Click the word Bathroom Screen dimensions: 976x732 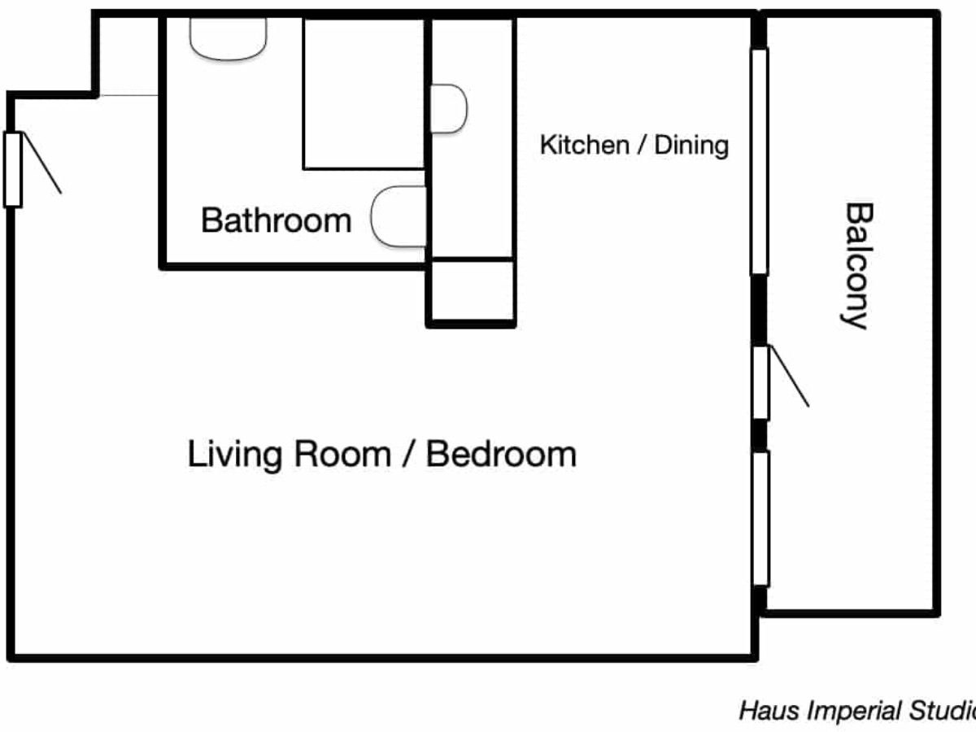[276, 220]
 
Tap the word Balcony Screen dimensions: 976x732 [856, 266]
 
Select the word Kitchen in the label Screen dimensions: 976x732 [585, 145]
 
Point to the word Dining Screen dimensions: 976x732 [691, 146]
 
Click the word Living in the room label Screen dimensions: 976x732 [235, 455]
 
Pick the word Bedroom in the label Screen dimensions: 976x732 [502, 454]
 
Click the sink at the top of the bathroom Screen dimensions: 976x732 [228, 39]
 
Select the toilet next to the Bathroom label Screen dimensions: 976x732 [399, 216]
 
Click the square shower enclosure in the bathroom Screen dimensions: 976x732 [364, 94]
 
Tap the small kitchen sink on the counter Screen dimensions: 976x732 [449, 108]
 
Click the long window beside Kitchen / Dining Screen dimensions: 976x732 [759, 162]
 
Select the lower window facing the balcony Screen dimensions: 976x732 [761, 519]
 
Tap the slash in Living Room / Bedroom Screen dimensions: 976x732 [408, 454]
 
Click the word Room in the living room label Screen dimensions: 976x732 [342, 454]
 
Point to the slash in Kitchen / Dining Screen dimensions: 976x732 [642, 146]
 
